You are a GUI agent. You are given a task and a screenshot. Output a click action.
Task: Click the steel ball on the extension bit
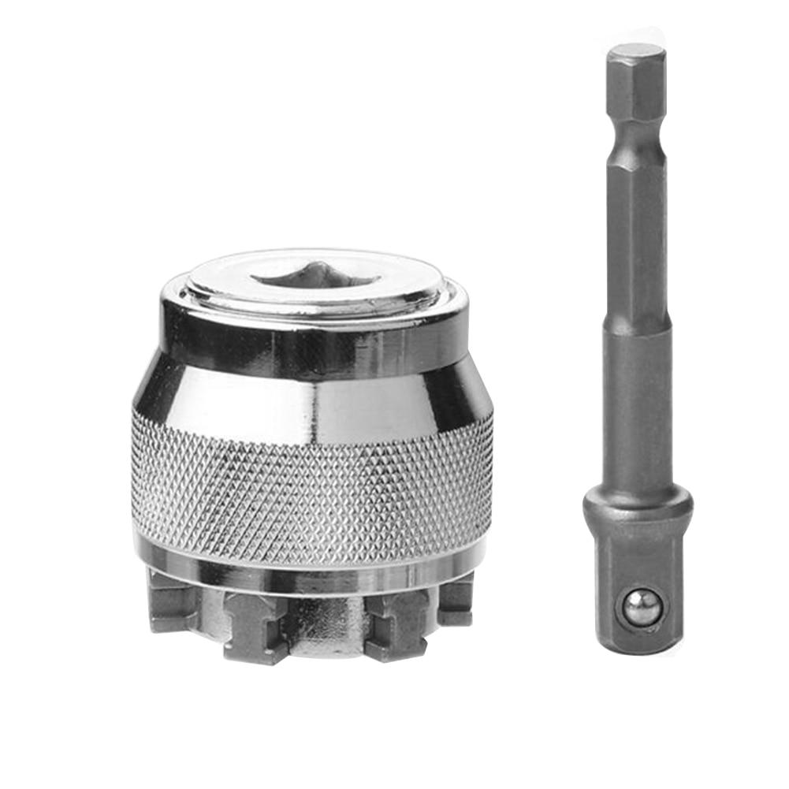[642, 608]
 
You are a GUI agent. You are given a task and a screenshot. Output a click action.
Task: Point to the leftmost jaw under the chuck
[169, 603]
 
